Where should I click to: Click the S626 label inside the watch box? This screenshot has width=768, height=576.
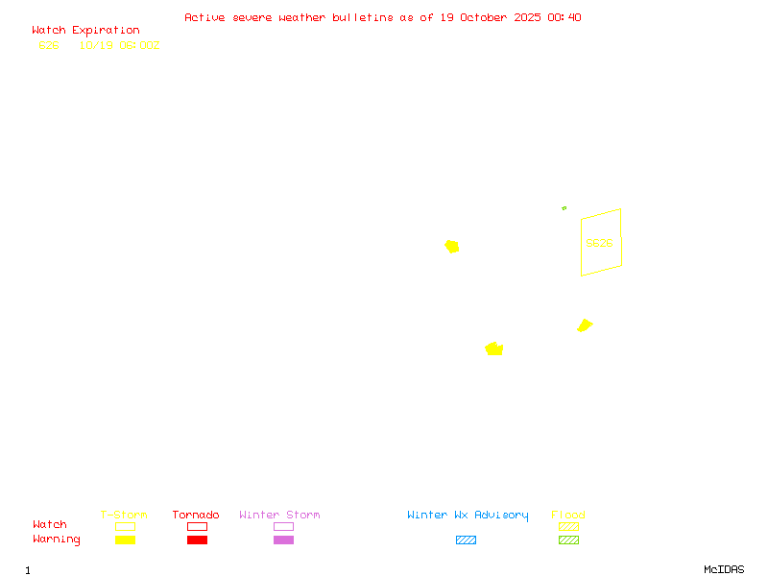tap(599, 243)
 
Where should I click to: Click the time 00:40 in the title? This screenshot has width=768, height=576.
tap(564, 17)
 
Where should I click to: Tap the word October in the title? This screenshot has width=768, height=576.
tap(489, 17)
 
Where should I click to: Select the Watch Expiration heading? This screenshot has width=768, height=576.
tap(85, 30)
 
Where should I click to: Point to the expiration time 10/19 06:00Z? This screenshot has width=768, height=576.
tap(119, 45)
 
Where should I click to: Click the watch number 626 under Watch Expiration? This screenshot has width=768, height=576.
tap(49, 45)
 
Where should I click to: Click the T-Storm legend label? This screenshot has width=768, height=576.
tap(124, 515)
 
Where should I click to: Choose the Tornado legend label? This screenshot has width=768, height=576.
tap(196, 515)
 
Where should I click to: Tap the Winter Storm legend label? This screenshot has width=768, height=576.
tap(279, 515)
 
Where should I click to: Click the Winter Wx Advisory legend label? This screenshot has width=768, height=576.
tap(468, 515)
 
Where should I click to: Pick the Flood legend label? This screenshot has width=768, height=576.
tap(568, 515)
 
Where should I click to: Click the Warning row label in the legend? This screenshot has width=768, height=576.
tap(57, 540)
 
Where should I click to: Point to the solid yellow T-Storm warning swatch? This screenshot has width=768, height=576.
tap(125, 540)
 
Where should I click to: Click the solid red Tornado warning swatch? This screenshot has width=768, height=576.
tap(197, 540)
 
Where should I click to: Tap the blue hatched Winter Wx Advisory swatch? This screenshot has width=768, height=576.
tap(466, 540)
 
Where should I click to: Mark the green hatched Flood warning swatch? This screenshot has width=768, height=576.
tap(568, 540)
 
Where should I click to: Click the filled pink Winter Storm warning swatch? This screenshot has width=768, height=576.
tap(283, 540)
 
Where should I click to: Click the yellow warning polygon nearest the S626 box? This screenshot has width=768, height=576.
tap(584, 325)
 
